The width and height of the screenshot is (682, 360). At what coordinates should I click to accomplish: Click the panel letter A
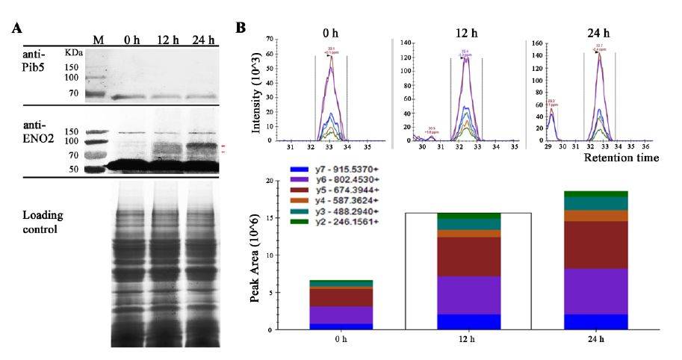(16, 29)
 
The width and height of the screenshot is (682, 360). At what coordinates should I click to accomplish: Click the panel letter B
(241, 28)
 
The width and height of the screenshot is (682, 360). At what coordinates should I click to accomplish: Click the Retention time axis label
(621, 158)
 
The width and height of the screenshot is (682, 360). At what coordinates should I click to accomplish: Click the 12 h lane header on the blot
(167, 40)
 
